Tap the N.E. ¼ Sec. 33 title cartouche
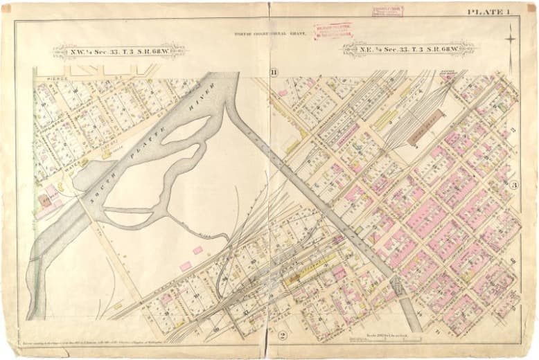(408, 48)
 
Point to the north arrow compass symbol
(511, 37)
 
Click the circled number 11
(274, 73)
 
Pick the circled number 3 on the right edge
(514, 185)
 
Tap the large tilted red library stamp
(333, 30)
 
